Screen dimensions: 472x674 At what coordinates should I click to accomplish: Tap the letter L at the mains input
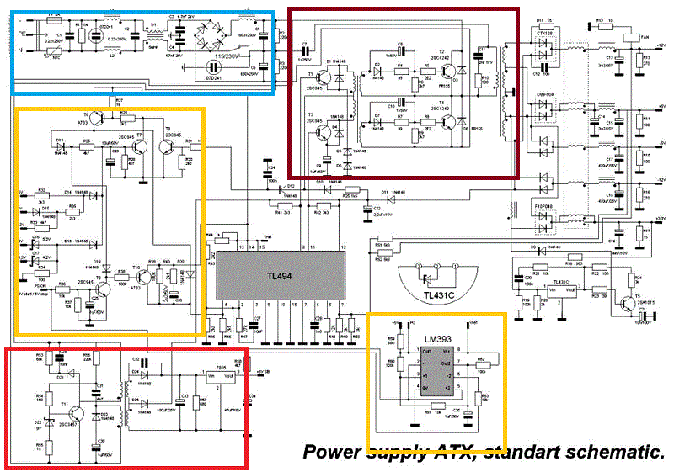coord(19,18)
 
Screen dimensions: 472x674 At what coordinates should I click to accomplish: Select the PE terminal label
coord(20,33)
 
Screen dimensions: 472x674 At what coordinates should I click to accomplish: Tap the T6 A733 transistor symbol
coord(98,119)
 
